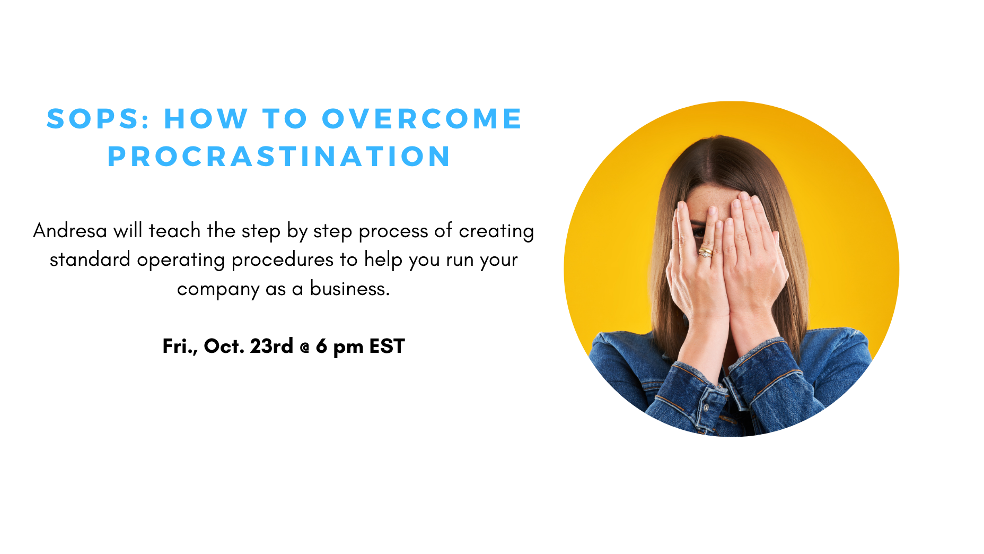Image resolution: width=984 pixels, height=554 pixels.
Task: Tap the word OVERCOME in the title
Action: (422, 118)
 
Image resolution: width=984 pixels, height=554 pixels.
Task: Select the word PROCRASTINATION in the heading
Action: (279, 157)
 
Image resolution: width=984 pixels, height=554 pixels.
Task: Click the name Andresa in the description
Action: (70, 231)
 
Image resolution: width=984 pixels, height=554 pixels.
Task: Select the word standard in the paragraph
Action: (90, 259)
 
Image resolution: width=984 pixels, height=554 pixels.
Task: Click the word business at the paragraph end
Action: (350, 288)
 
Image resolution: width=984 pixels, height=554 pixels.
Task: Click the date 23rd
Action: (271, 346)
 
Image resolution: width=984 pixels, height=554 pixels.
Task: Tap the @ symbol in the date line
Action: (304, 348)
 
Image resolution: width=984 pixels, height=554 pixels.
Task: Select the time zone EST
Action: (387, 346)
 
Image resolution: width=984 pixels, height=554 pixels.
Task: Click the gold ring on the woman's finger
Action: (706, 252)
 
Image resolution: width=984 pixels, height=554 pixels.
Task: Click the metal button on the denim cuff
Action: (706, 408)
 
